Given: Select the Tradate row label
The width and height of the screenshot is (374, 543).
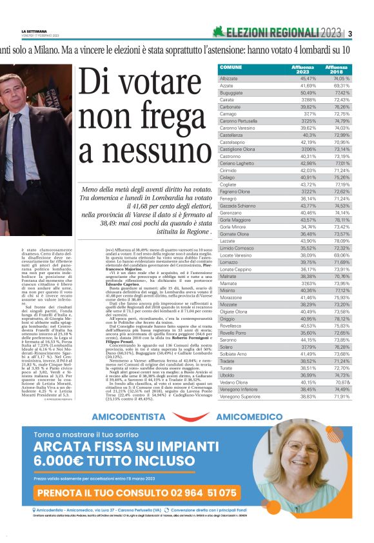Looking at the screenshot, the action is click(228, 361).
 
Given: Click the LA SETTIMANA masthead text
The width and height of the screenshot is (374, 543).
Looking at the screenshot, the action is click(35, 31).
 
